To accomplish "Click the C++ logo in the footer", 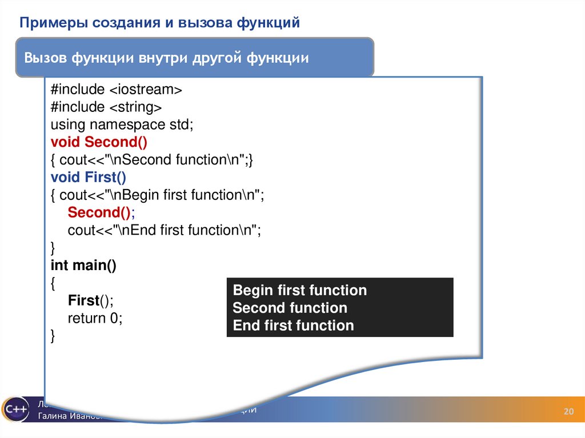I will tap(15, 409).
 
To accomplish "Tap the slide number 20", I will tap(568, 412).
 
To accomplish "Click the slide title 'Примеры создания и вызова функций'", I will tap(160, 23).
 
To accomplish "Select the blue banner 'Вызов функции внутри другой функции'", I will tap(166, 58).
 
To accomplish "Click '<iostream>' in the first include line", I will tap(146, 90).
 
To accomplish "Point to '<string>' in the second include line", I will tap(135, 107).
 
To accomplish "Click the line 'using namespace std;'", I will tap(122, 124).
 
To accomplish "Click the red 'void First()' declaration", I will tap(89, 177).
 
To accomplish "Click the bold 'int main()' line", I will tap(83, 266).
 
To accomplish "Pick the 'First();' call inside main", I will tap(91, 301).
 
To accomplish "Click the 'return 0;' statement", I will tap(95, 318).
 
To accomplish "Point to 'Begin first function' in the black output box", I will tap(300, 290).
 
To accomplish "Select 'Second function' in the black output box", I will tap(290, 308).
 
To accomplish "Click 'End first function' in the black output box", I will tap(293, 326).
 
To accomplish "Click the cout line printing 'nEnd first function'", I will tap(164, 230).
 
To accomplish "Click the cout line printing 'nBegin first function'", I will tap(158, 195).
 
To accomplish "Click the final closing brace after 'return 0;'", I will tap(53, 336).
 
